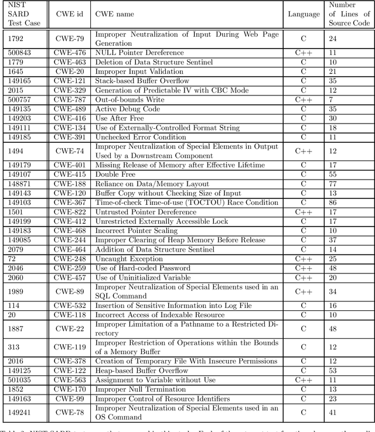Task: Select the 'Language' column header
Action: pyautogui.click(x=304, y=14)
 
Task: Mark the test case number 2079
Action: pyautogui.click(x=16, y=249)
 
